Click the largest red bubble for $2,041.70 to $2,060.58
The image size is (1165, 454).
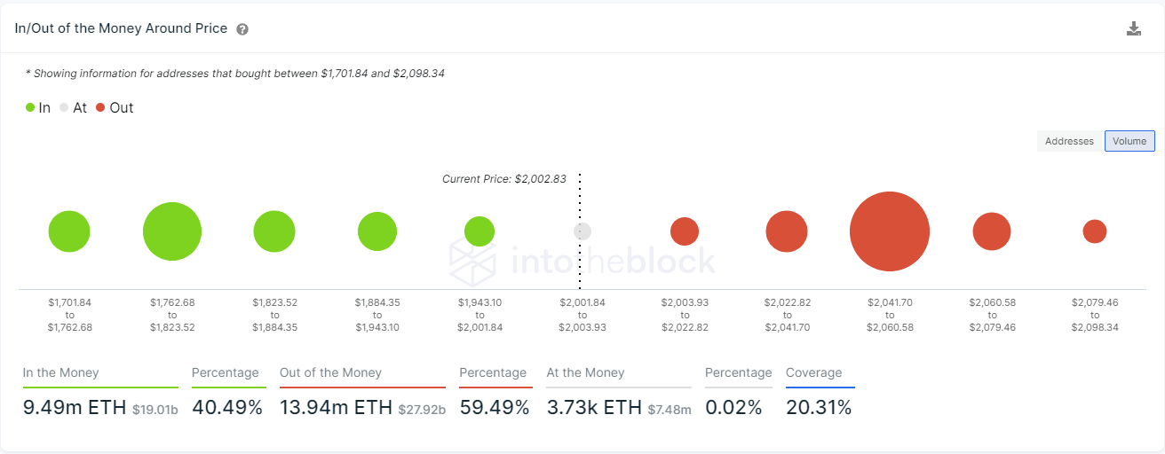coord(889,231)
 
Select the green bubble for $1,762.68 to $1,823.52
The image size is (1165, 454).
coord(172,231)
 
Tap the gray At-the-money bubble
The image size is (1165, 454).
coord(582,231)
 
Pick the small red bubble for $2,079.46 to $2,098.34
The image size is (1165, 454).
coord(1095,231)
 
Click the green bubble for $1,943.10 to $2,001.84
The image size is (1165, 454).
coord(479,231)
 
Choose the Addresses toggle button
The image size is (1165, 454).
coord(1069,141)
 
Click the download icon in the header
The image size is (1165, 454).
coord(1134,28)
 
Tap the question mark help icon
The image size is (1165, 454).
coord(242,29)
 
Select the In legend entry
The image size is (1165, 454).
coord(38,108)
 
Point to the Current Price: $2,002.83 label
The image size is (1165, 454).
coord(503,179)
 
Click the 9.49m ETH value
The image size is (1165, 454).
coord(75,408)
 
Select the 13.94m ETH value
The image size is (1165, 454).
coord(336,408)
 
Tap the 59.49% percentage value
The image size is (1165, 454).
coord(494,408)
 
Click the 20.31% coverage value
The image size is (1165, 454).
coord(819,408)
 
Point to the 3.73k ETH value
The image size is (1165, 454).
coord(594,408)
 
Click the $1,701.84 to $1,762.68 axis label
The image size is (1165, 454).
coord(70,315)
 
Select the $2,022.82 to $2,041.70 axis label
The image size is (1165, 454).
coord(787,315)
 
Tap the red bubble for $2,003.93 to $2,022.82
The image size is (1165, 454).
coord(685,231)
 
